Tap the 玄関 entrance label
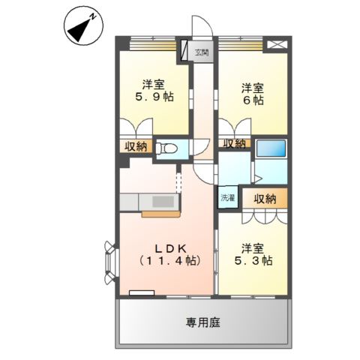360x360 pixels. [x=202, y=52]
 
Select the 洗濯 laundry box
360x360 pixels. [x=227, y=198]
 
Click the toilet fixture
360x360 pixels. [x=169, y=148]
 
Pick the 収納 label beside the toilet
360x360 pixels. [x=136, y=146]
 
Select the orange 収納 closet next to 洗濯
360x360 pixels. [x=264, y=198]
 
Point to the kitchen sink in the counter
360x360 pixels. [x=162, y=201]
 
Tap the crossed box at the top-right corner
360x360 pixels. [x=277, y=45]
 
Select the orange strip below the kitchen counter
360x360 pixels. [x=159, y=214]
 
